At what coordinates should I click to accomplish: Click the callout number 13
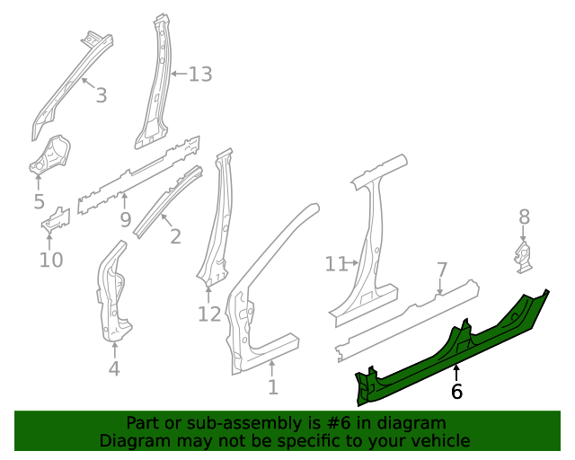[x=200, y=74]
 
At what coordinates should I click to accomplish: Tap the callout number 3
[x=101, y=94]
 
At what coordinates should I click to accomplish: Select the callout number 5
[x=39, y=202]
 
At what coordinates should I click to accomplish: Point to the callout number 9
[x=125, y=218]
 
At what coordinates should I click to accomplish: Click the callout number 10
[x=51, y=260]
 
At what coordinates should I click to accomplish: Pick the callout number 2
[x=175, y=237]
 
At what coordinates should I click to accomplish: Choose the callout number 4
[x=114, y=367]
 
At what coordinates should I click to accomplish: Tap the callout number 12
[x=208, y=314]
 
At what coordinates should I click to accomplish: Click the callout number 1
[x=273, y=387]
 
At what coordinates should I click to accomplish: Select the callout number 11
[x=335, y=263]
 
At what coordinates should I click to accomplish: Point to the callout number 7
[x=441, y=270]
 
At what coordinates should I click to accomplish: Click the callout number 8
[x=525, y=217]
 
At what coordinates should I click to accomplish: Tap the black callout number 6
[x=456, y=391]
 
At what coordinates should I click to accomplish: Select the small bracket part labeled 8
[x=523, y=254]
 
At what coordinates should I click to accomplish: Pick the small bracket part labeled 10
[x=54, y=220]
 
